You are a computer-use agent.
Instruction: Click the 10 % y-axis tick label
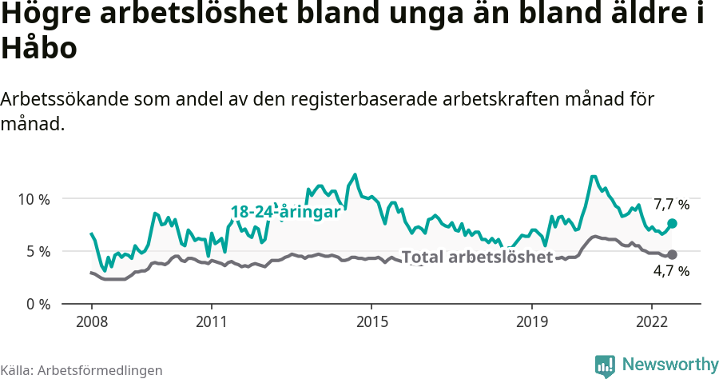tap(34, 198)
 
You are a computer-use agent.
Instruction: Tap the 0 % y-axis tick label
tap(38, 304)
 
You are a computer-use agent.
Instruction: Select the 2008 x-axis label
tap(91, 321)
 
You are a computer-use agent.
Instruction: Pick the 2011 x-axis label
tap(212, 321)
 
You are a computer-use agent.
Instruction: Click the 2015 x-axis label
tap(371, 321)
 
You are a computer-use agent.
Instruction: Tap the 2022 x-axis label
tap(651, 321)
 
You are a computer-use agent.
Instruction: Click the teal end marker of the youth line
tap(672, 223)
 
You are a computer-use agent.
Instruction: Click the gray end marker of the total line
tap(672, 254)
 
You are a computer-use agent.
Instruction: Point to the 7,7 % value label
tap(671, 205)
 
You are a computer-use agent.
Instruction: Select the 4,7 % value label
tap(671, 271)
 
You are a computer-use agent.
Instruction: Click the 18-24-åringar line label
tap(285, 213)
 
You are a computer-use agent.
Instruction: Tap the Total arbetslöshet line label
tap(477, 257)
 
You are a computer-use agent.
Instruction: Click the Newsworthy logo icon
tap(605, 365)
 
